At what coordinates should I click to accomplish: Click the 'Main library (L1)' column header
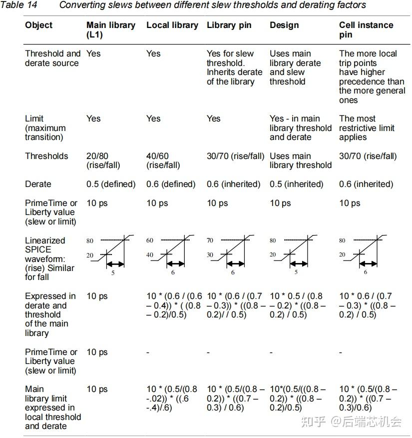click(x=110, y=29)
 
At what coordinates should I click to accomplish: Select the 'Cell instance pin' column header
click(x=366, y=29)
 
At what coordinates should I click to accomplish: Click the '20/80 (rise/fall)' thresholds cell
click(x=103, y=160)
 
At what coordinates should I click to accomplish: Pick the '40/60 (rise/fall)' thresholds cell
click(x=163, y=160)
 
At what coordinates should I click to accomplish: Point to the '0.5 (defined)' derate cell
click(x=111, y=184)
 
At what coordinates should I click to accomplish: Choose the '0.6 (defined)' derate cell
click(x=171, y=184)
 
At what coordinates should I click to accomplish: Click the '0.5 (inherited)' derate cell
click(x=297, y=184)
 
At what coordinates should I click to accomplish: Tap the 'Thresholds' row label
click(x=46, y=156)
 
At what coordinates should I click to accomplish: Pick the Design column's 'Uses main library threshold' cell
click(x=300, y=160)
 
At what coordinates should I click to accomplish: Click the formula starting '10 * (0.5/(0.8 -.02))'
click(x=172, y=398)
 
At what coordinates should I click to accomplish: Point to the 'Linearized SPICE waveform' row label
click(x=49, y=258)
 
